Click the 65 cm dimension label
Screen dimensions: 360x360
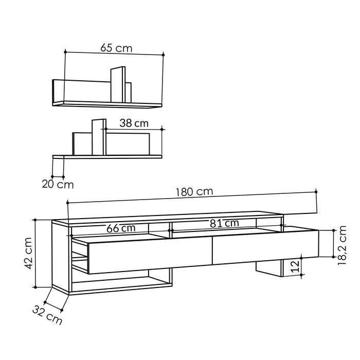(116, 48)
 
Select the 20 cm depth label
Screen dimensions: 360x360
(58, 183)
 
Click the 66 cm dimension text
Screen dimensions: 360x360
(121, 228)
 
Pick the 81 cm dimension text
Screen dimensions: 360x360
(224, 223)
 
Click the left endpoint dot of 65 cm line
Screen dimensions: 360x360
(66, 51)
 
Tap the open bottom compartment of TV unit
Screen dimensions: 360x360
(121, 281)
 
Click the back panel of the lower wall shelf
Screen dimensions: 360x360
(134, 143)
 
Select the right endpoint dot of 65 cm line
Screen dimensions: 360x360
(164, 54)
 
